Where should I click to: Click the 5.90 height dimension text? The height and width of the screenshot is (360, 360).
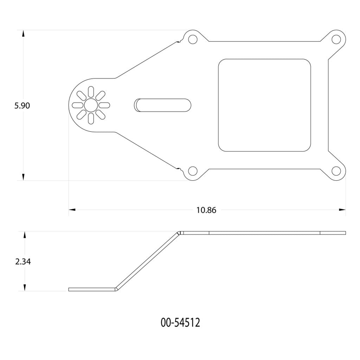[22, 106]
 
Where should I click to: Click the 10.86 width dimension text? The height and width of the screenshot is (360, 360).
[206, 210]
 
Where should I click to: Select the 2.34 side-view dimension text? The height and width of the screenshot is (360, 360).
[23, 262]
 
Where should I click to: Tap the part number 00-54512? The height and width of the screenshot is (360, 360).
[180, 322]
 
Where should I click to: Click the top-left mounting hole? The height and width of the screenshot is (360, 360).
[192, 39]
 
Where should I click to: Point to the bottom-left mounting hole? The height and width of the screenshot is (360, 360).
[192, 171]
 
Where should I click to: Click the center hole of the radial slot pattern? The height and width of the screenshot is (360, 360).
[91, 105]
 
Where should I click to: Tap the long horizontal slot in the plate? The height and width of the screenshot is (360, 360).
[163, 105]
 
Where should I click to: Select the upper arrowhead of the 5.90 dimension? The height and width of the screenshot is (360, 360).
[23, 33]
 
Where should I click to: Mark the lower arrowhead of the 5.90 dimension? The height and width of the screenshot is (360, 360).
[23, 177]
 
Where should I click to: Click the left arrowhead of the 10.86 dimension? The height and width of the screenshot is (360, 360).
[72, 210]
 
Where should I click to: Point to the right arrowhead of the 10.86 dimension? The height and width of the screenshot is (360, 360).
[342, 210]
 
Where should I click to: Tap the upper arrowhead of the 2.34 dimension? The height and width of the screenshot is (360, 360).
[25, 235]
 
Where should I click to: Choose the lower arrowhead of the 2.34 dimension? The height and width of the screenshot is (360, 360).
[25, 288]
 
